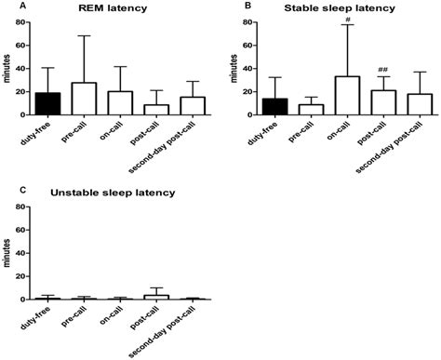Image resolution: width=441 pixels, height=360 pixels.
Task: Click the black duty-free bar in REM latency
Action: point(47,103)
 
